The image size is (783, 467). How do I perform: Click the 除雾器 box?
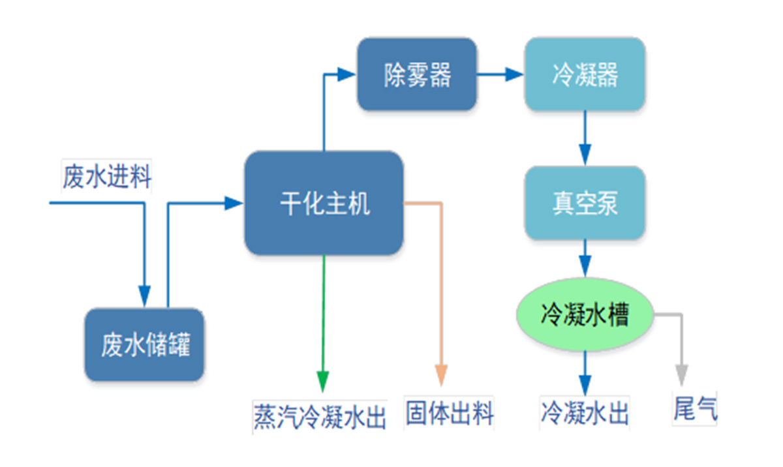point(416,74)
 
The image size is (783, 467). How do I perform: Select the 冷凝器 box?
point(585,74)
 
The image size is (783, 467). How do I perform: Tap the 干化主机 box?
point(324,203)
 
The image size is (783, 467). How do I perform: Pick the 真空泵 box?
point(585,203)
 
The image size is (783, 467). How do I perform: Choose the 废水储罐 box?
point(145,344)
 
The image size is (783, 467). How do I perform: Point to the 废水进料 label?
point(107,176)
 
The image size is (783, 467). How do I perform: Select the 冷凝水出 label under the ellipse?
point(585,414)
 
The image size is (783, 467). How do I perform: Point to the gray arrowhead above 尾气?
point(682,374)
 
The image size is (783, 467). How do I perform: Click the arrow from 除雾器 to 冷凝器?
point(500,75)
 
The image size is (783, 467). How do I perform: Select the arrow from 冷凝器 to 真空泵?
point(585,138)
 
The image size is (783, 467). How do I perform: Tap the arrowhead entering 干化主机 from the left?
point(234,203)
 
